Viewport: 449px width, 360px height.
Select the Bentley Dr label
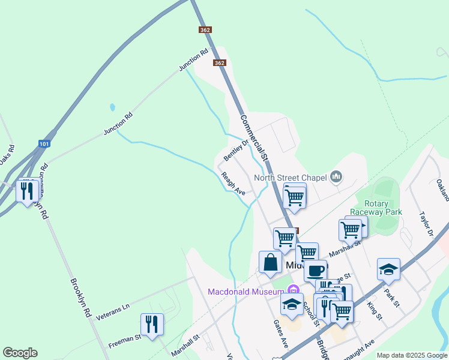(x=236, y=150)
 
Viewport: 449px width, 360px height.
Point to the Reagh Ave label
(x=234, y=184)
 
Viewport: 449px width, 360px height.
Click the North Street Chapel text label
(x=290, y=177)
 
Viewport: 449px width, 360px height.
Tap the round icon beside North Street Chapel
(x=336, y=176)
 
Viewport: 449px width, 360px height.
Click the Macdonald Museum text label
(x=246, y=292)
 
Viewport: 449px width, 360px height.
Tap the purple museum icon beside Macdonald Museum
(x=292, y=292)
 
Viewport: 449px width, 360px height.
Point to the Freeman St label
(x=124, y=341)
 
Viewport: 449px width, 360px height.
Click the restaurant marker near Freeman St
(x=152, y=325)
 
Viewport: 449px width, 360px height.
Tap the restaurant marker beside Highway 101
(x=28, y=191)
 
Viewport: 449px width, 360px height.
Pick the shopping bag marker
(x=270, y=262)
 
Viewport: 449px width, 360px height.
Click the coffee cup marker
(x=315, y=269)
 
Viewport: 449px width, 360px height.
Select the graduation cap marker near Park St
(x=389, y=269)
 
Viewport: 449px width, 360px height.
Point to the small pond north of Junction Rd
(x=112, y=108)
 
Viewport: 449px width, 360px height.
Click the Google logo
(x=20, y=353)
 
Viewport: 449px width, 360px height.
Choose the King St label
(x=375, y=311)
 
